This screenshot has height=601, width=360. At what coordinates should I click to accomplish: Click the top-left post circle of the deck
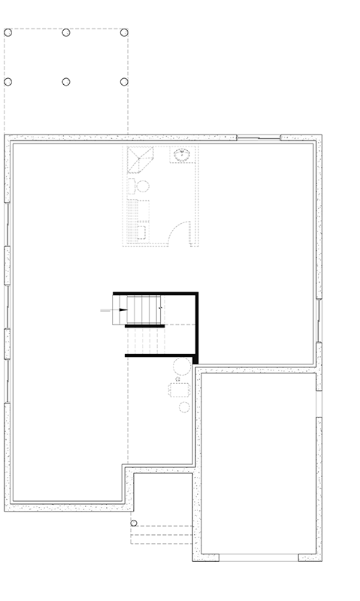coord(8,32)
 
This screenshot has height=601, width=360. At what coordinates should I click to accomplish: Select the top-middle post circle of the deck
coord(66,32)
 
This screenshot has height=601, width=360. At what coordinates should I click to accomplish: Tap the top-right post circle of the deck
coord(124,32)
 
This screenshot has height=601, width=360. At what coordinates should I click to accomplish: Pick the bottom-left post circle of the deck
coord(8,81)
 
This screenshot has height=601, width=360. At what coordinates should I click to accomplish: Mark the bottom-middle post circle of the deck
coord(66,81)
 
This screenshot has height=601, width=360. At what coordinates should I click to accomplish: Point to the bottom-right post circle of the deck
coord(124,81)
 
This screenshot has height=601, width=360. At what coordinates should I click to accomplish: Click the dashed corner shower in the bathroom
coord(139,159)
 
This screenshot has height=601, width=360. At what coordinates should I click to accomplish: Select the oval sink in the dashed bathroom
coord(181,156)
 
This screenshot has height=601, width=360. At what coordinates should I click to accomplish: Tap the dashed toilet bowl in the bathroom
coord(141,186)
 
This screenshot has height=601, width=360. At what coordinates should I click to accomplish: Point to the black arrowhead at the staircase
coord(123,309)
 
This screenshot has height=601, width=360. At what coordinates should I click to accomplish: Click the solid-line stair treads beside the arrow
coord(144,310)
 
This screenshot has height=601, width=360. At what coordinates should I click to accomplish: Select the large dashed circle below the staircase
coord(182,367)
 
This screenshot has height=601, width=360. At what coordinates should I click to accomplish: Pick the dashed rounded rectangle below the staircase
coord(180,390)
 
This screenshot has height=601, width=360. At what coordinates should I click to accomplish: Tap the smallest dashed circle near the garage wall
coord(178,380)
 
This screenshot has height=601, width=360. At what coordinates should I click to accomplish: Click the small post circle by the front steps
coord(134,523)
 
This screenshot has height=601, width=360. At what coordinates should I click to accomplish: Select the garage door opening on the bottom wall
coord(259,557)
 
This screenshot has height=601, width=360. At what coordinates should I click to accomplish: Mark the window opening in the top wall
coord(259,138)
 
